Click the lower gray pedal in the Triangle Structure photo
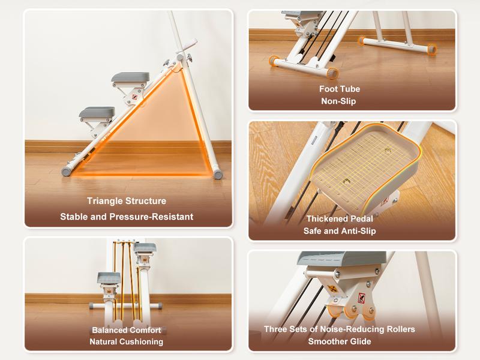click(x=97, y=112)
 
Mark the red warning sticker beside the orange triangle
click(x=134, y=97)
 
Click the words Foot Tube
click(x=340, y=89)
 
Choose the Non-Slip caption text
click(x=338, y=101)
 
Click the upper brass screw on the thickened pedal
click(x=388, y=151)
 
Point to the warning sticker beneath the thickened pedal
click(x=385, y=201)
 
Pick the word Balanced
click(x=107, y=331)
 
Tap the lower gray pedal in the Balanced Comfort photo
click(x=109, y=278)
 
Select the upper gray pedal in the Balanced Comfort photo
click(x=145, y=248)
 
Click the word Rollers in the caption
click(x=401, y=329)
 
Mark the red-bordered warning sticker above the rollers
click(x=361, y=298)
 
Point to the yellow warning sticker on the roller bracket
click(x=332, y=289)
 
